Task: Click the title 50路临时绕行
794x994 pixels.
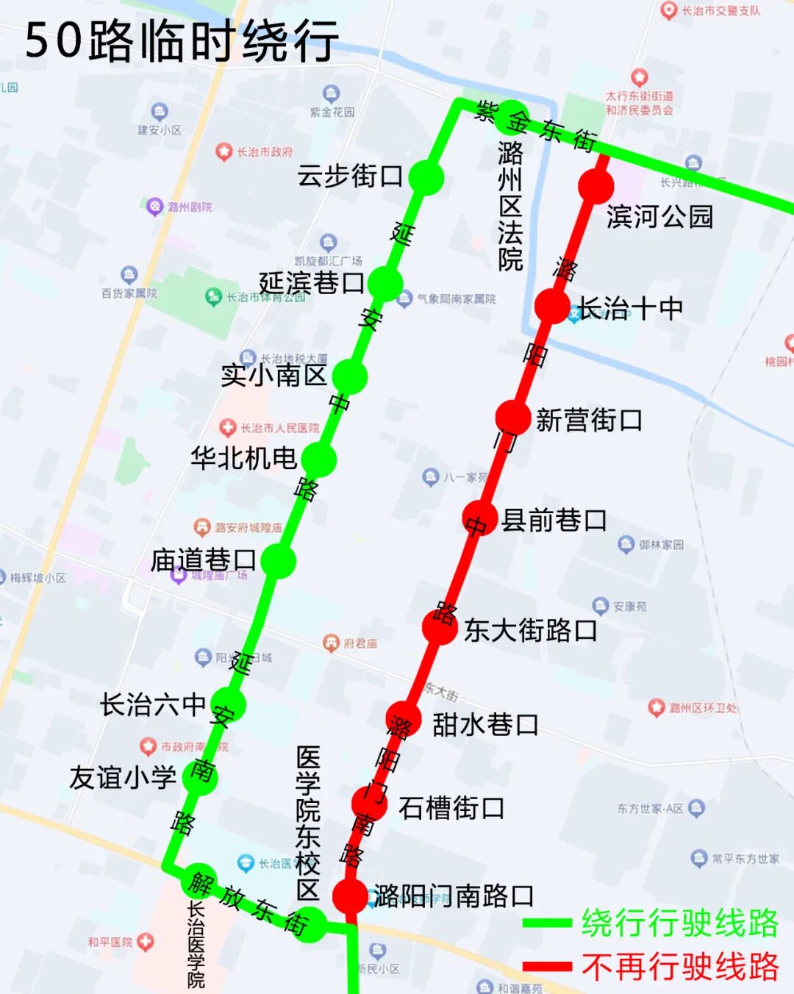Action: (x=182, y=40)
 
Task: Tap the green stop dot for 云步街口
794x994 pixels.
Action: (x=426, y=177)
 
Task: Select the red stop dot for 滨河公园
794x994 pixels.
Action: (x=596, y=186)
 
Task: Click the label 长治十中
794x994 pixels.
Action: (x=630, y=309)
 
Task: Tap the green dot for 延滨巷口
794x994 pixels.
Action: (x=385, y=283)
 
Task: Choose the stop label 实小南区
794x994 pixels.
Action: (x=273, y=376)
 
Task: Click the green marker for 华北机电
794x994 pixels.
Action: (x=318, y=460)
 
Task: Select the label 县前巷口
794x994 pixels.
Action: (x=554, y=521)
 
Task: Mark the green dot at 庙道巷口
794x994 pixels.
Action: (x=278, y=561)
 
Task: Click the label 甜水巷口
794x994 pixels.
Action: (x=485, y=725)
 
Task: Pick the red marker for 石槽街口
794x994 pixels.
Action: (x=370, y=803)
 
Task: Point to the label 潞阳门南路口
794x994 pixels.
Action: (x=454, y=896)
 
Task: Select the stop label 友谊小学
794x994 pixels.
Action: (x=123, y=778)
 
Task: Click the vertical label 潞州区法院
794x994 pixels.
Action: (x=510, y=206)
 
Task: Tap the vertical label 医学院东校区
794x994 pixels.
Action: (x=308, y=823)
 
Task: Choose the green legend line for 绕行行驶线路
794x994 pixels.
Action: (x=547, y=923)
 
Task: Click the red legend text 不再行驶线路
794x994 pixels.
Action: (x=680, y=967)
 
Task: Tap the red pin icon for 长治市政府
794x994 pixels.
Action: (x=223, y=151)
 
